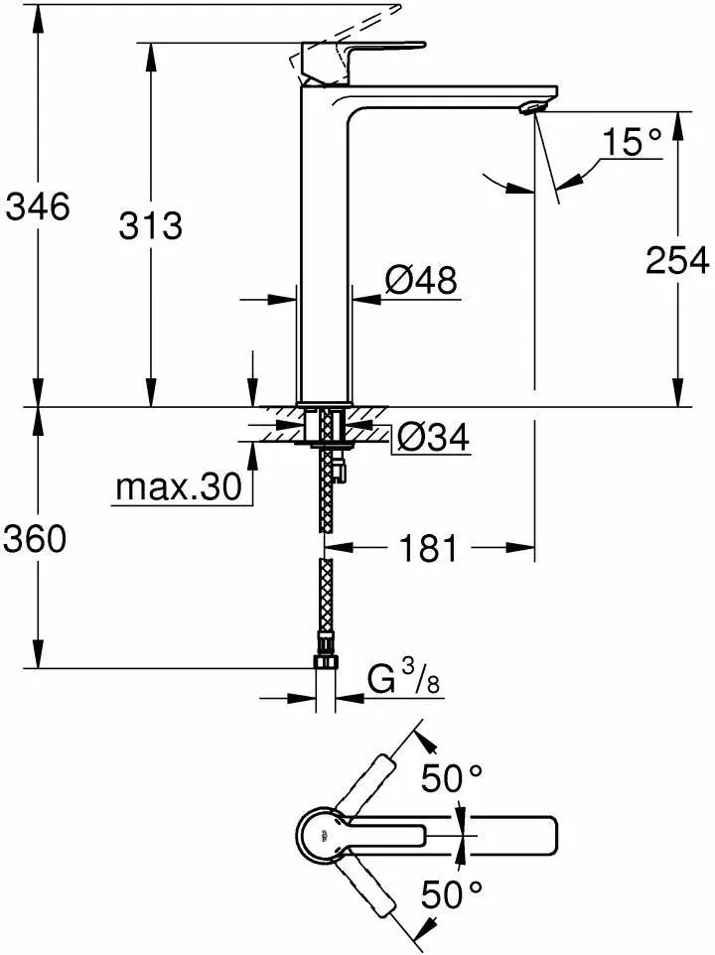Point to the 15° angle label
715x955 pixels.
click(x=630, y=143)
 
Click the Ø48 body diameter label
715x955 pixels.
click(x=421, y=281)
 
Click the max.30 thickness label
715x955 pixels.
click(x=179, y=487)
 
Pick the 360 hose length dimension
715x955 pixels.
click(x=37, y=539)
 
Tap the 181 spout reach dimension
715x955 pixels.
click(x=430, y=547)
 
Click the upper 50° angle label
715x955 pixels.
click(x=451, y=779)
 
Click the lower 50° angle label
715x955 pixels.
click(x=451, y=896)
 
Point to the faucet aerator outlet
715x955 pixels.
click(x=533, y=105)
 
